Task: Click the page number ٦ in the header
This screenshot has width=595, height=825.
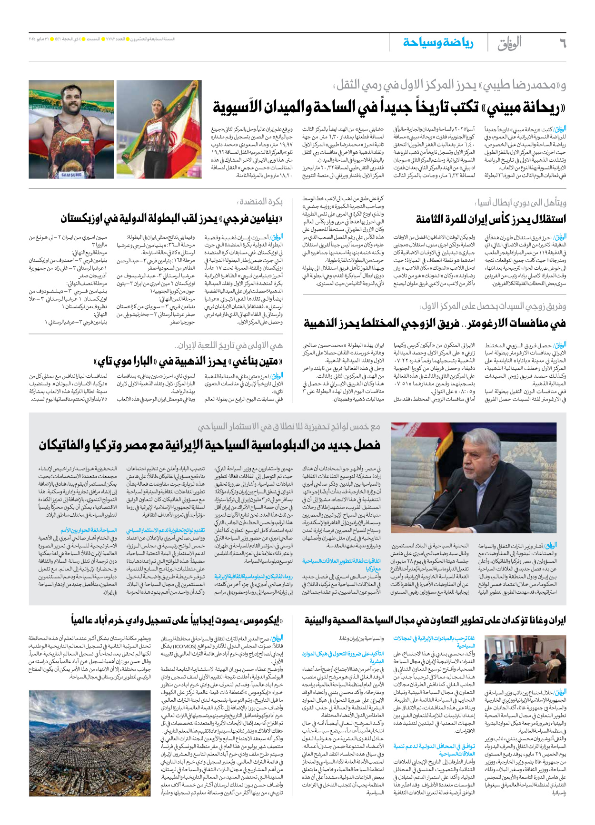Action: [x=563, y=43]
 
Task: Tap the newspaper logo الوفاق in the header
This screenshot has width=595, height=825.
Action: [x=510, y=43]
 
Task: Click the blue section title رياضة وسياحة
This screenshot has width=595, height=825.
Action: [x=438, y=43]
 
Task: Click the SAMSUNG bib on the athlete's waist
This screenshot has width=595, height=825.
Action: [x=71, y=175]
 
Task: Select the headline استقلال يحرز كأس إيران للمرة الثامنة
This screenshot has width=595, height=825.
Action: [x=491, y=219]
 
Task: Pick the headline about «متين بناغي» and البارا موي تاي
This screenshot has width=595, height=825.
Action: [x=190, y=362]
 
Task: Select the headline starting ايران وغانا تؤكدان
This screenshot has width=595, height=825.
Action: [x=435, y=620]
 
